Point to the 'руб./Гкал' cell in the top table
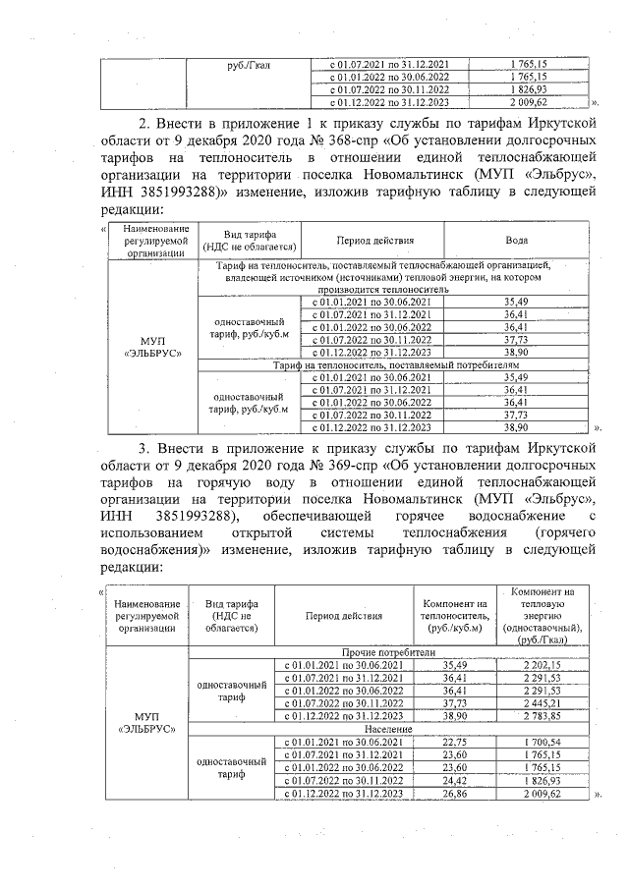pyautogui.click(x=249, y=65)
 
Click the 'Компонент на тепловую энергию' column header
pyautogui.click(x=543, y=614)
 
